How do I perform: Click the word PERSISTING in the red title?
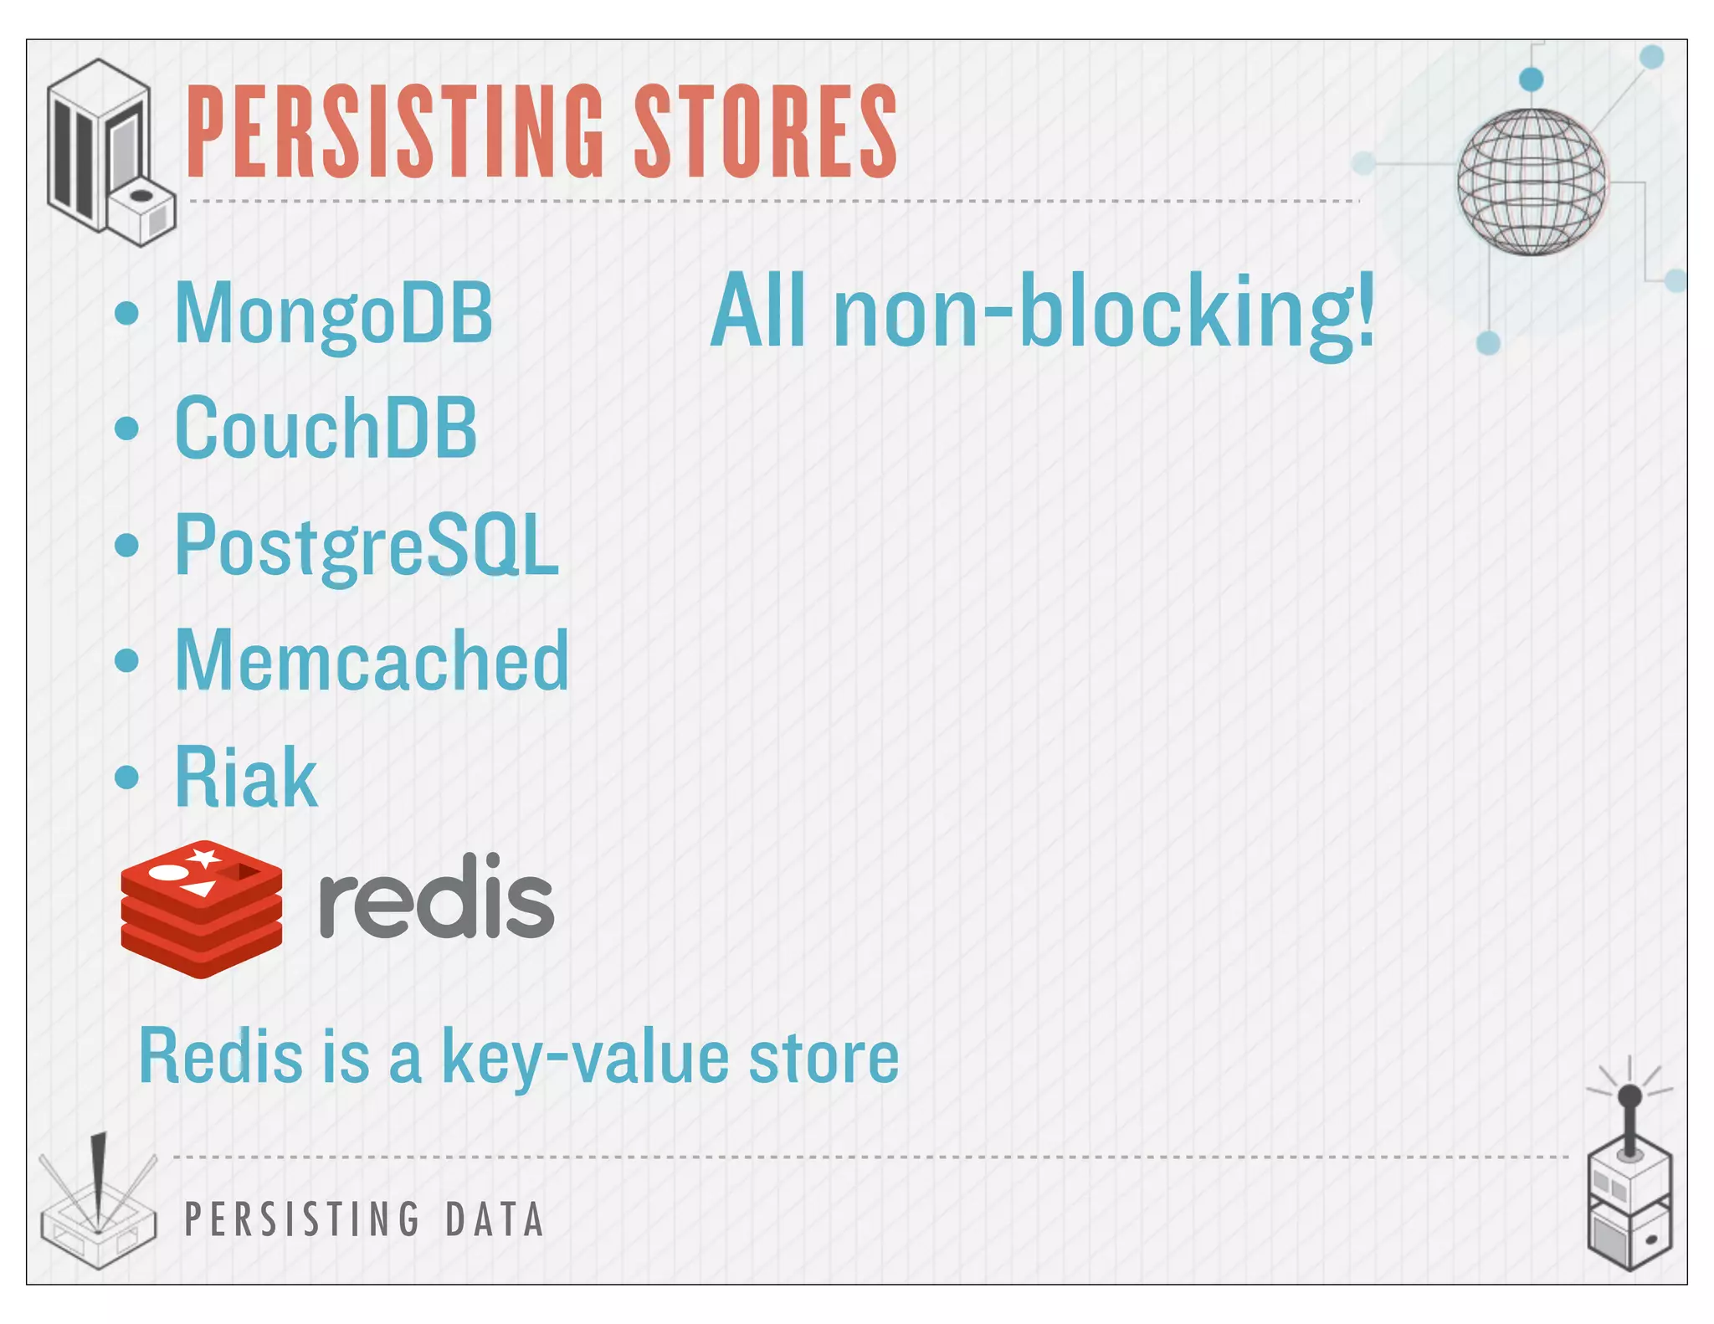(393, 131)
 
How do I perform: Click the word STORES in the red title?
(765, 131)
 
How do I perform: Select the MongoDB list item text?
(333, 314)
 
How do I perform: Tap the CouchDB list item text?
(326, 429)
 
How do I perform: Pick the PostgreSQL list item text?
(366, 545)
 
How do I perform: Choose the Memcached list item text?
(372, 661)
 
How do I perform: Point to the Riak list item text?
(246, 777)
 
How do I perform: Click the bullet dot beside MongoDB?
(126, 314)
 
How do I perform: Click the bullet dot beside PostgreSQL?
(126, 546)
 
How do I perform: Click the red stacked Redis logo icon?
(201, 909)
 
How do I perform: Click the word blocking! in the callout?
(1197, 311)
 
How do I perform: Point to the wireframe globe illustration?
(1531, 182)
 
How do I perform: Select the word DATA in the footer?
(495, 1219)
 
